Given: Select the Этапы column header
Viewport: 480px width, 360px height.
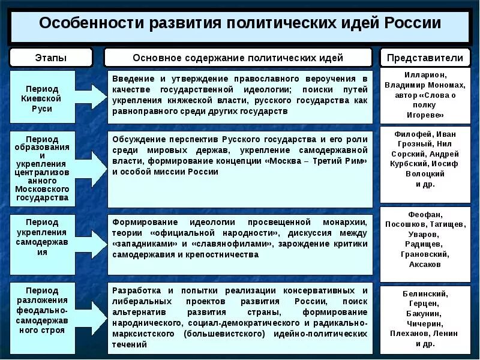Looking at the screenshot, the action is click(51, 58).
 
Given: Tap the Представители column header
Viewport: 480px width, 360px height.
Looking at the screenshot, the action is click(425, 58).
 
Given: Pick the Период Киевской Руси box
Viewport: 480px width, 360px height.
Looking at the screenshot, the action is click(42, 97).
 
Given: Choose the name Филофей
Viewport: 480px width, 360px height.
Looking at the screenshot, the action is click(410, 134).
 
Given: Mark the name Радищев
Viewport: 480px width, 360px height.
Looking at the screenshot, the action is click(425, 244).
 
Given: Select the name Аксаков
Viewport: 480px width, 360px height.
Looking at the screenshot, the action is click(425, 264).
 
